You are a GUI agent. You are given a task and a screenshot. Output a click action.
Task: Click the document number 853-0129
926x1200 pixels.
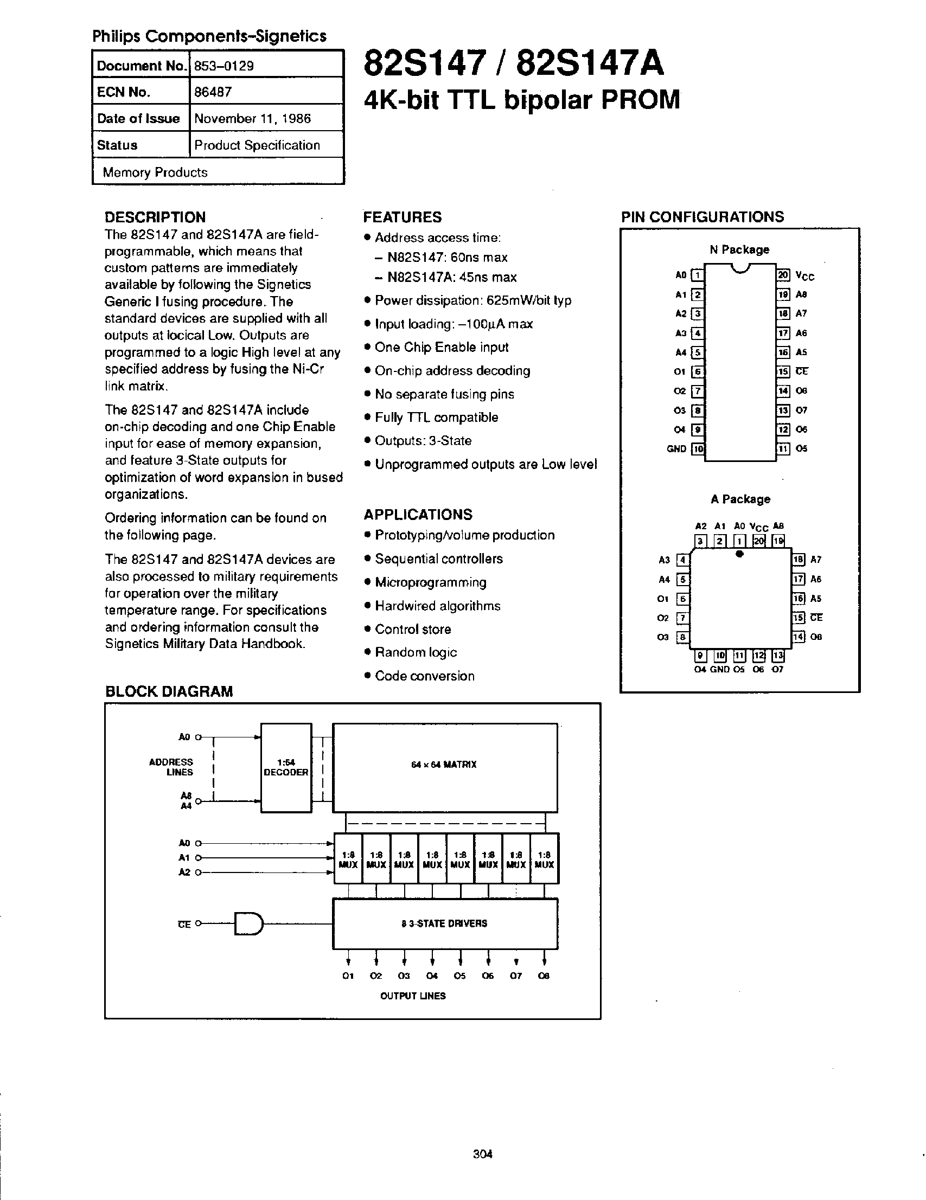click(x=224, y=66)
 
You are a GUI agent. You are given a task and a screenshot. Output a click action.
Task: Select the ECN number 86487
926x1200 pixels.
click(x=213, y=92)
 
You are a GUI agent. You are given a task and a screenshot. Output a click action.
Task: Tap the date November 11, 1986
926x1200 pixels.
click(x=252, y=118)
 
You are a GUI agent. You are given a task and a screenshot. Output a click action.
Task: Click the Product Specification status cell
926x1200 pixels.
click(x=257, y=145)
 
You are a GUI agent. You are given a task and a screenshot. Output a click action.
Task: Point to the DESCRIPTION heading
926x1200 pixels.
click(x=155, y=217)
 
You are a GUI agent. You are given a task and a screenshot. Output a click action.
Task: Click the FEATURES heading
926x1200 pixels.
click(x=403, y=217)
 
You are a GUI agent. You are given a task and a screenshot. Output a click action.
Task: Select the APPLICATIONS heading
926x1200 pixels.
click(x=418, y=514)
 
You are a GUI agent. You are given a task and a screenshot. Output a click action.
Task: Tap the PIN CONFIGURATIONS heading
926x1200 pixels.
click(x=703, y=217)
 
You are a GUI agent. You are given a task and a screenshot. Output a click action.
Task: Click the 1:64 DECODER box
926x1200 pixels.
click(x=286, y=767)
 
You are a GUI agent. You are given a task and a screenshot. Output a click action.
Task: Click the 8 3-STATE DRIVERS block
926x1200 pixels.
click(x=445, y=923)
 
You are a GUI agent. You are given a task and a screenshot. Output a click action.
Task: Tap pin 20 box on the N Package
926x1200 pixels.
click(x=783, y=275)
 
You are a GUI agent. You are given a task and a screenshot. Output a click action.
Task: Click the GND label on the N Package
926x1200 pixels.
click(x=676, y=449)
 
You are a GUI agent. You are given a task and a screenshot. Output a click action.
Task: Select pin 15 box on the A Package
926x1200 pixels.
click(x=799, y=618)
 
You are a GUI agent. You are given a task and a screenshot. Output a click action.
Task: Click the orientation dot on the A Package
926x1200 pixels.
click(x=740, y=554)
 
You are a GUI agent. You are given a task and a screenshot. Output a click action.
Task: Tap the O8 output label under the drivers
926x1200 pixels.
click(x=544, y=976)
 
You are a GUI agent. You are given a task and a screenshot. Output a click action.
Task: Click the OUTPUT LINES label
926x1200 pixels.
click(x=413, y=996)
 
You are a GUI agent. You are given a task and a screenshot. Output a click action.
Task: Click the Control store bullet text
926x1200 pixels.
click(x=413, y=629)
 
